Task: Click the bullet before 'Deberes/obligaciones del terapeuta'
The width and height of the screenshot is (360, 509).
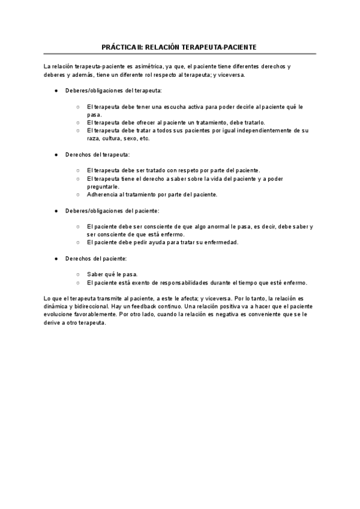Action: [x=56, y=90]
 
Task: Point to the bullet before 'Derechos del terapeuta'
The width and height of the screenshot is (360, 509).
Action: [x=56, y=154]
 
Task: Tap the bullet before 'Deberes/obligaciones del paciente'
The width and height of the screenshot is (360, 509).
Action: [x=56, y=211]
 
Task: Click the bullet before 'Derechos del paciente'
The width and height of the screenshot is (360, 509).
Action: [x=56, y=258]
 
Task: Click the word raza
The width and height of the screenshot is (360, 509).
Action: [x=94, y=138]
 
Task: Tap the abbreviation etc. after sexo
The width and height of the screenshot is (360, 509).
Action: [x=144, y=138]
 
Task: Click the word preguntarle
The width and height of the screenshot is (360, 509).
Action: [x=103, y=186]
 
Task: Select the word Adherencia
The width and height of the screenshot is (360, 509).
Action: [x=103, y=194]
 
